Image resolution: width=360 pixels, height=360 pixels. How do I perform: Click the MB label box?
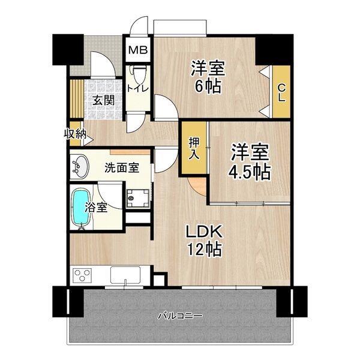[139, 50]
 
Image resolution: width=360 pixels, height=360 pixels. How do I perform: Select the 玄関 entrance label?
[103, 100]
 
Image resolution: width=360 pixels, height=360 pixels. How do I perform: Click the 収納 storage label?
[74, 134]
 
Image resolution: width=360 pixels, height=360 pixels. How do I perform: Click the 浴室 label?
[95, 208]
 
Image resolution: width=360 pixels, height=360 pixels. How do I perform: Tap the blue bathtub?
[79, 208]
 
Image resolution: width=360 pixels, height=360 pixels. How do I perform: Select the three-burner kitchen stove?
[82, 276]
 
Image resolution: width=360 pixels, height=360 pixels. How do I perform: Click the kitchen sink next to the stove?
[124, 276]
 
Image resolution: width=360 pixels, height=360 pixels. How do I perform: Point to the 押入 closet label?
[194, 148]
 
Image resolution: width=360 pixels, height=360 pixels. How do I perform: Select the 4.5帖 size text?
[248, 172]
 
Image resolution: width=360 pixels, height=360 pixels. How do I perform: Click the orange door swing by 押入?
[196, 185]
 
